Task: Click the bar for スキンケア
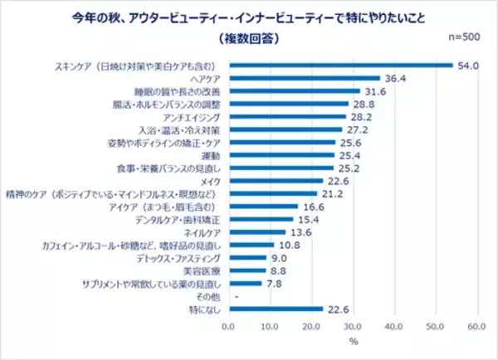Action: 340,65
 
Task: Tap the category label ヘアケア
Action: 206,78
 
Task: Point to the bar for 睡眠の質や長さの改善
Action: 294,90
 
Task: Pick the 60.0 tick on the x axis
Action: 476,325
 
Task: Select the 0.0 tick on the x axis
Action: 229,325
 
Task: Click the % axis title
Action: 352,340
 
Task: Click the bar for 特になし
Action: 276,309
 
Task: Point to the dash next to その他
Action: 238,296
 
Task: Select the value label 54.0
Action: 466,65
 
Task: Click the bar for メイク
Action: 276,180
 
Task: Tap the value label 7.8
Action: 274,283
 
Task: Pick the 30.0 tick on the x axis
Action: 353,325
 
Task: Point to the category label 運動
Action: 212,154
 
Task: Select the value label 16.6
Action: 311,206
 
